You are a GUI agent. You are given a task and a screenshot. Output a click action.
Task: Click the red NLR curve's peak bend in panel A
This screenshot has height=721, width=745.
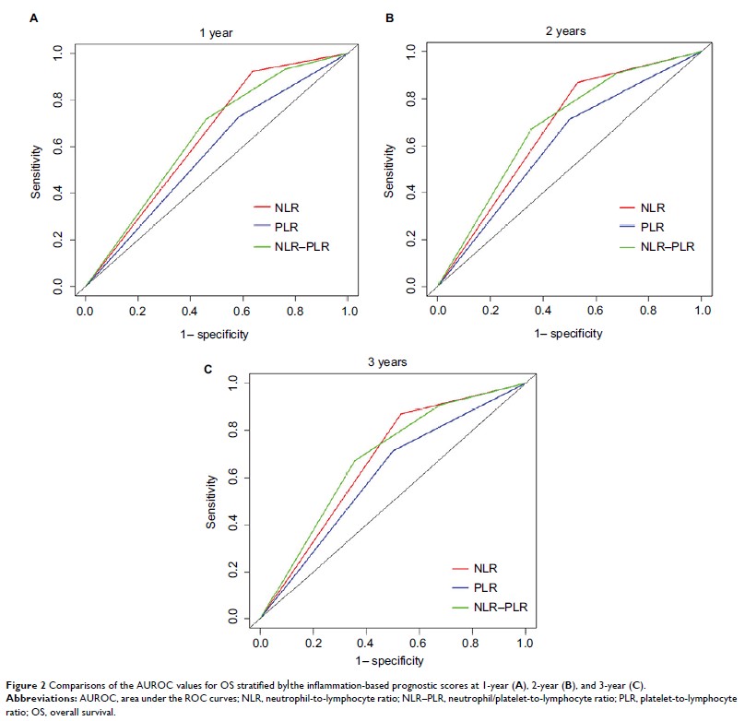[x=252, y=71]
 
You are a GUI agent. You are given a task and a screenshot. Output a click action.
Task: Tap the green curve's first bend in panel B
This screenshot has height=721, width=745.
[x=530, y=129]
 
